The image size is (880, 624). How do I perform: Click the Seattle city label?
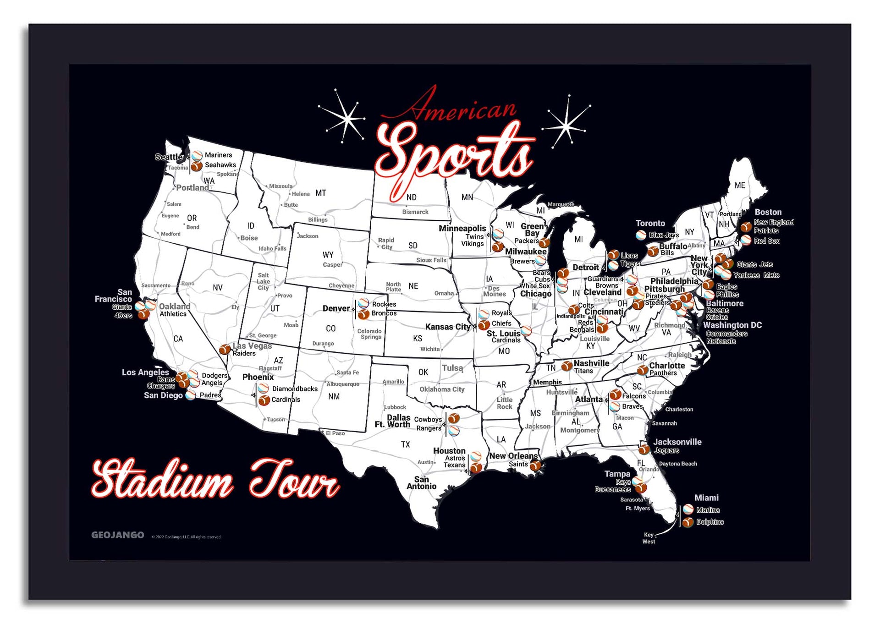pos(169,157)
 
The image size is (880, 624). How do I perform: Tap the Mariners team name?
pos(218,155)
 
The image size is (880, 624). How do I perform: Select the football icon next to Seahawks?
pos(197,166)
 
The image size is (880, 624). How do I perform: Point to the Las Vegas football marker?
pos(225,350)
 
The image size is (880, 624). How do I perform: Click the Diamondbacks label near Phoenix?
pos(295,389)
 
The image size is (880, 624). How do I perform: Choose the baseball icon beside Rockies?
pos(363,303)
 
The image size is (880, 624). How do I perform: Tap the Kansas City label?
pos(448,327)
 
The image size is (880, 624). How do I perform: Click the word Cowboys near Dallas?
pos(428,419)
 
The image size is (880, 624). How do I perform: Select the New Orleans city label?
pos(513,456)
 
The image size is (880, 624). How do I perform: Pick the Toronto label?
pos(650,223)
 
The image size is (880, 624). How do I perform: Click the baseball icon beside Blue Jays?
pos(641,235)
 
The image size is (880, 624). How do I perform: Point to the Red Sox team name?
pos(766,241)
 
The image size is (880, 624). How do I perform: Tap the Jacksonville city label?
pos(677,442)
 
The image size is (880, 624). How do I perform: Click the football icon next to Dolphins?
pos(687,522)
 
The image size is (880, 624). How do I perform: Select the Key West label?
pos(649,538)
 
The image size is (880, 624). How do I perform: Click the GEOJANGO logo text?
pos(117,535)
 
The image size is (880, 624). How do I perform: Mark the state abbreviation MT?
pos(320,193)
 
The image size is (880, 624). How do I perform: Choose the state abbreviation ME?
pos(740,185)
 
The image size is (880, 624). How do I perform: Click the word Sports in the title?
pos(454,153)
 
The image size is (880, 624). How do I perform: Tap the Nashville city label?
pos(591,363)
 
